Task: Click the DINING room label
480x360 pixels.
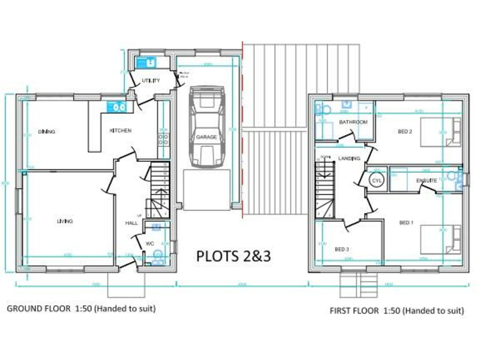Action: [46, 132]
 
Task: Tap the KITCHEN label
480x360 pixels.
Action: [120, 131]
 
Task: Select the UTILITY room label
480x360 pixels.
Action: [151, 81]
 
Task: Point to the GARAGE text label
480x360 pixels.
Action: [206, 137]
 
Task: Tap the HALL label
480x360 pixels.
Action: [131, 222]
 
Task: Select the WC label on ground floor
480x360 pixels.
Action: [150, 244]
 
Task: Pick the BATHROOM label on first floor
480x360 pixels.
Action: [353, 122]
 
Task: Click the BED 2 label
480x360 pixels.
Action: [405, 131]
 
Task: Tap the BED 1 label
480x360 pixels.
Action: [406, 222]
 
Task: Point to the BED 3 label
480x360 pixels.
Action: [341, 249]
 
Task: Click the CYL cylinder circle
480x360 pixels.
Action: [376, 180]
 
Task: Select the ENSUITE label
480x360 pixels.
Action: [427, 181]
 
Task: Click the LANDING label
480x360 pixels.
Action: [349, 159]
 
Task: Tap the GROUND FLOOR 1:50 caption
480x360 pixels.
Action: [81, 309]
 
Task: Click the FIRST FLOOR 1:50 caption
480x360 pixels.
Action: [397, 311]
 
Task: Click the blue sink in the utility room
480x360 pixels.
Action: [149, 62]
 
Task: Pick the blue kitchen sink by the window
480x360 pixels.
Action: [117, 107]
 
